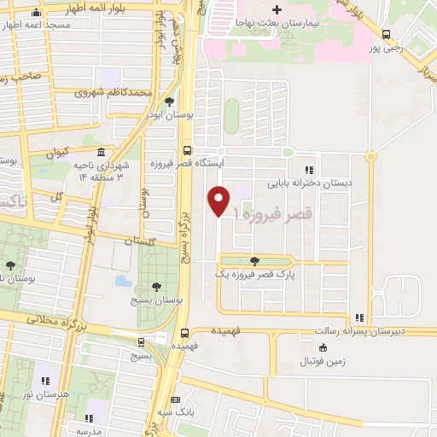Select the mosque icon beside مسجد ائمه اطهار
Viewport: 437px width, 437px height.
pyautogui.click(x=35, y=15)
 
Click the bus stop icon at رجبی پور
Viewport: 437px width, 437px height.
pyautogui.click(x=387, y=35)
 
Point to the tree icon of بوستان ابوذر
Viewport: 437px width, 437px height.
pyautogui.click(x=169, y=102)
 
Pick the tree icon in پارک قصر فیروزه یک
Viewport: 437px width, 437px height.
pyautogui.click(x=253, y=261)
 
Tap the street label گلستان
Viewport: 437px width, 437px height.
pyautogui.click(x=143, y=242)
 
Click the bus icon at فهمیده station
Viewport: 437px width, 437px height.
pyautogui.click(x=185, y=335)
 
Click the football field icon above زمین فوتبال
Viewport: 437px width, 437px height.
pyautogui.click(x=323, y=347)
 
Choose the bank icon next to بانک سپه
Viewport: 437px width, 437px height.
pyautogui.click(x=176, y=399)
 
